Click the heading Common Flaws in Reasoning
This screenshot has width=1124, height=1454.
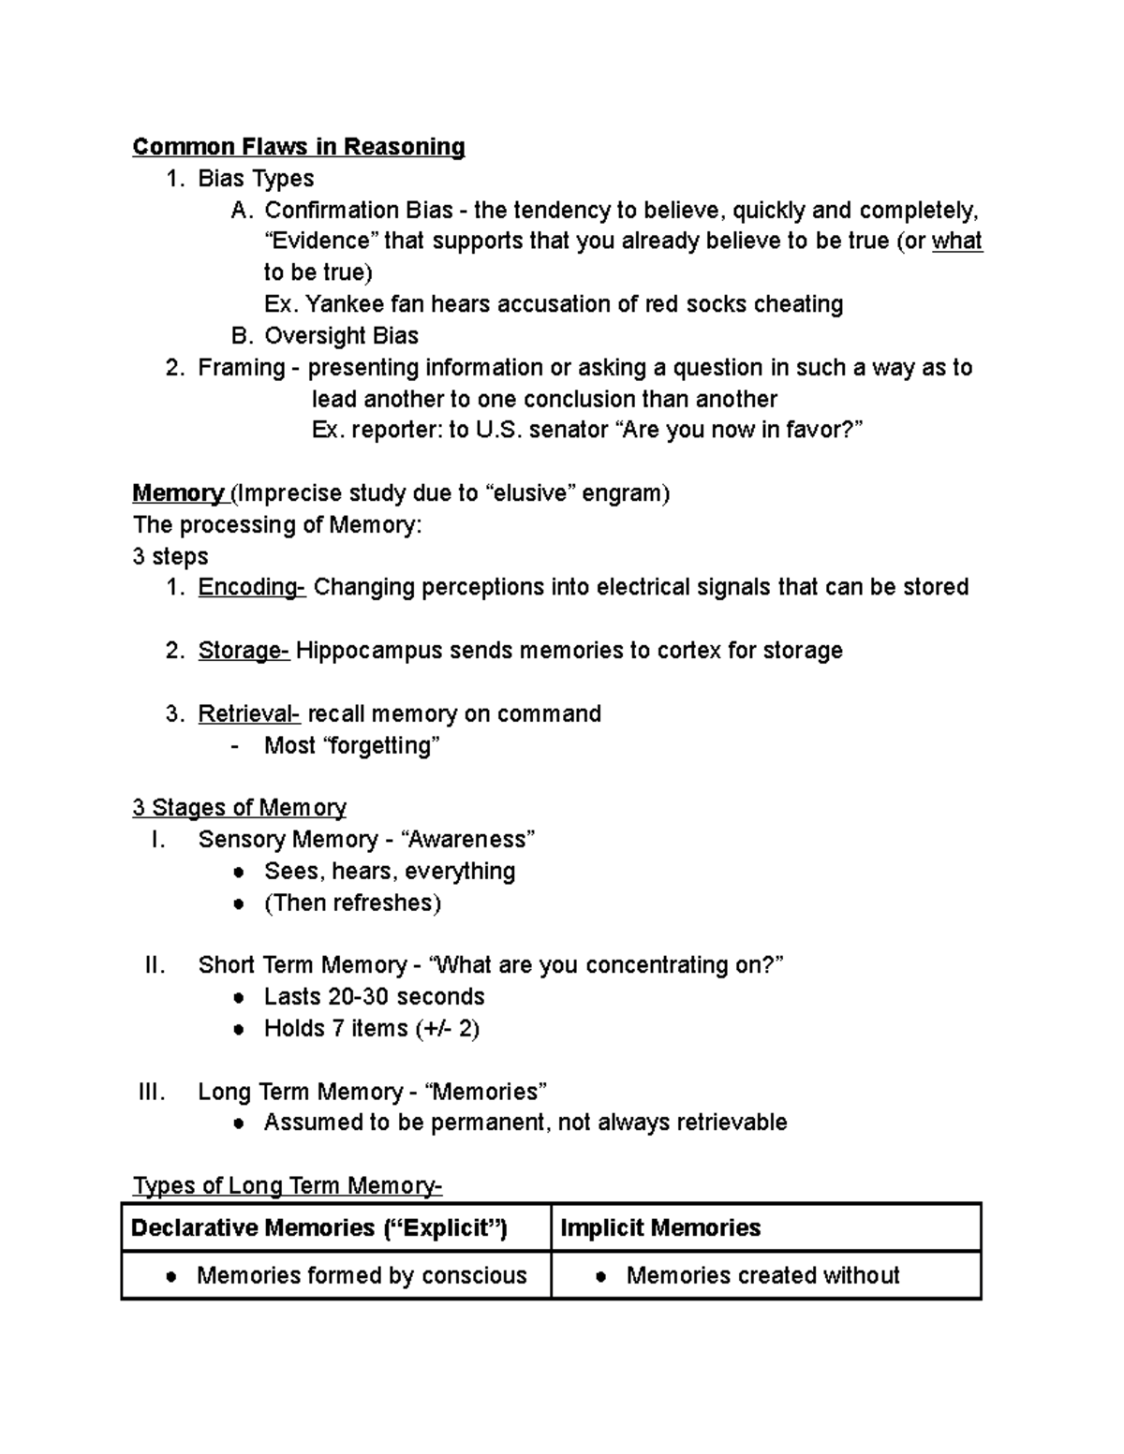pos(298,147)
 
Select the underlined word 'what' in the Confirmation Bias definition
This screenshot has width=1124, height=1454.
pos(956,242)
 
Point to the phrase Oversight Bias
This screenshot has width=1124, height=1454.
pos(341,336)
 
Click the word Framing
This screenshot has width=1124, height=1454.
pos(241,367)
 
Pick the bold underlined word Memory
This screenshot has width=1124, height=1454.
pos(177,493)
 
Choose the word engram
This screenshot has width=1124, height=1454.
pos(626,493)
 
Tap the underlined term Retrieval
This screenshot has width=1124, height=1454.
pos(247,713)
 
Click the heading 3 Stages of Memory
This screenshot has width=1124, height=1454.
pos(239,807)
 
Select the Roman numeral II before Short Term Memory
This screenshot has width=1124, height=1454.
pos(155,965)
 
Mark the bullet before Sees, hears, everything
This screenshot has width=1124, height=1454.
pos(240,872)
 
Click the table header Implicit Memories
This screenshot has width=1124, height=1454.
pos(659,1227)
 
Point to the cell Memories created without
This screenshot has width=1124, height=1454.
pos(762,1275)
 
